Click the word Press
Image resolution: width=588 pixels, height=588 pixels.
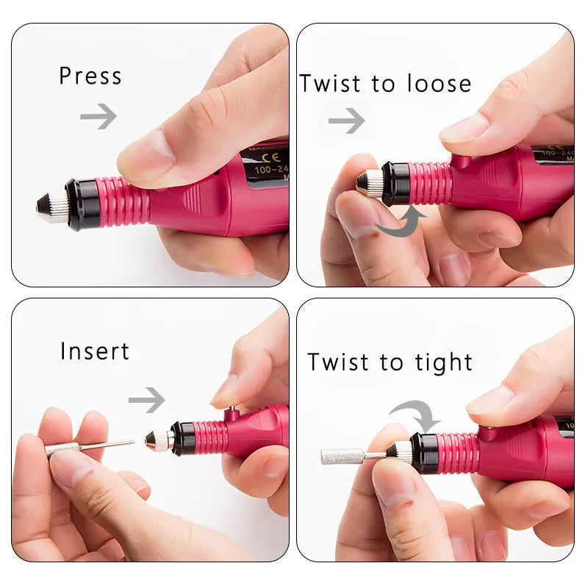point(90,76)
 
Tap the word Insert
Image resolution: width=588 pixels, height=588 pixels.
point(95,351)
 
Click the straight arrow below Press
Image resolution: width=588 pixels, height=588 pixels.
point(98,115)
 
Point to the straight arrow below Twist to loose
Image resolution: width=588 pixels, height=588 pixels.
point(346,121)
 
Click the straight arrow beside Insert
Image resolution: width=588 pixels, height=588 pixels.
point(147,400)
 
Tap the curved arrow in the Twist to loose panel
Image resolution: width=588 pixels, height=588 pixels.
point(401,221)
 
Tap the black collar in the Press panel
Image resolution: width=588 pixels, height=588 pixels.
point(82,204)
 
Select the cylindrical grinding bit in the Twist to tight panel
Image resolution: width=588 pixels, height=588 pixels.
point(343,456)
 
